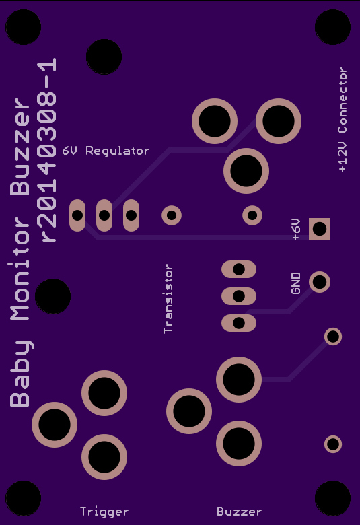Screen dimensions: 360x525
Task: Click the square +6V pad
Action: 320,229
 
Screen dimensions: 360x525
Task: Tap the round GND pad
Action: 320,282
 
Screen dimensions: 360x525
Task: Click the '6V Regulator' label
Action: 106,151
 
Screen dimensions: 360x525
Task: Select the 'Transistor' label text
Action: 168,299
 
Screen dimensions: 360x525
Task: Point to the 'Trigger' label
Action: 104,512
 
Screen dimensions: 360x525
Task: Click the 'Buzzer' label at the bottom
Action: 239,512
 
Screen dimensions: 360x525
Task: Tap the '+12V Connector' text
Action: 343,120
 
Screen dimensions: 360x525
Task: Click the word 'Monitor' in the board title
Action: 21,269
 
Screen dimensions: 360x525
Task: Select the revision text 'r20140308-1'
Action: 46,149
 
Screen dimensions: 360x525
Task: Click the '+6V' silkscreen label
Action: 296,230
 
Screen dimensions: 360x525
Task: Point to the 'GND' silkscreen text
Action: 296,283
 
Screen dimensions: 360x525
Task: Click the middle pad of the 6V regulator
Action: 104,215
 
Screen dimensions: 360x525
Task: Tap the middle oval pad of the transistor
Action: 239,296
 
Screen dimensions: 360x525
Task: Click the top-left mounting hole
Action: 23,27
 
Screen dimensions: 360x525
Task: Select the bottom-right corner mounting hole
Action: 333,498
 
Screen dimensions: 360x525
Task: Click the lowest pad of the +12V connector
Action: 246,171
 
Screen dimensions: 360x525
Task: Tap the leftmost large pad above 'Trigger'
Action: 55,425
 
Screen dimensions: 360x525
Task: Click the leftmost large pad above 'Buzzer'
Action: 189,411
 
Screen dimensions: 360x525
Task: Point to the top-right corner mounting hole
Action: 333,27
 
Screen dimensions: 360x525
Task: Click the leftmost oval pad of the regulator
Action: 77,215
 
